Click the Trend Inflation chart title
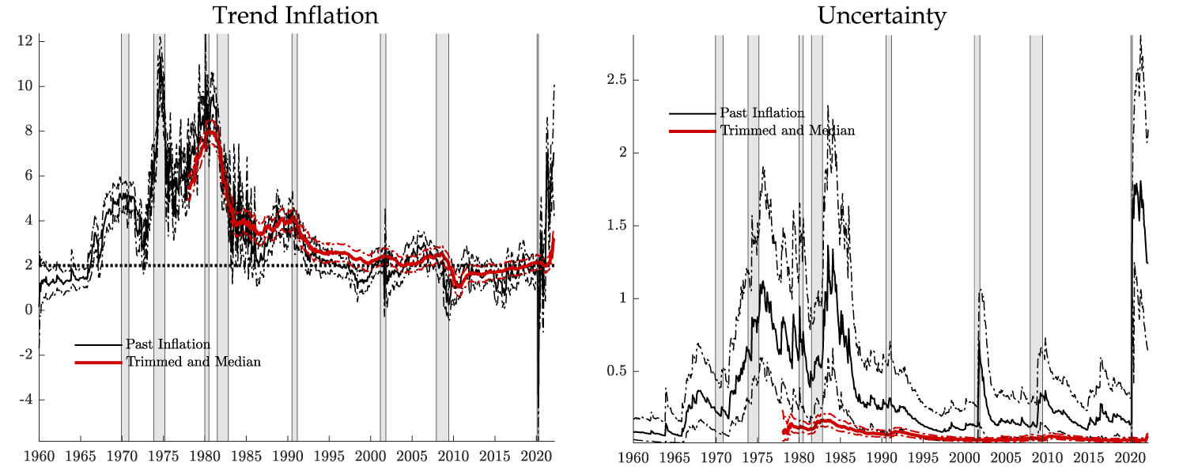(x=296, y=16)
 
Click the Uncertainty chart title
(x=881, y=16)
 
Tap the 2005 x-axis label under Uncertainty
(x=1005, y=457)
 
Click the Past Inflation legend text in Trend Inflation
(x=168, y=344)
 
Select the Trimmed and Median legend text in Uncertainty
(x=788, y=131)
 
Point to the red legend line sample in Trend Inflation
(x=99, y=363)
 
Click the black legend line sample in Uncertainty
(x=693, y=114)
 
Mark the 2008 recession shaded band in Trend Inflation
(x=442, y=237)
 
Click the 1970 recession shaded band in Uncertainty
(x=719, y=237)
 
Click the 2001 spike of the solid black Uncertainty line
(x=978, y=340)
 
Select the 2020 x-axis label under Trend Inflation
(x=537, y=457)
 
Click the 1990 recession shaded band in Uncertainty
(x=888, y=237)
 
